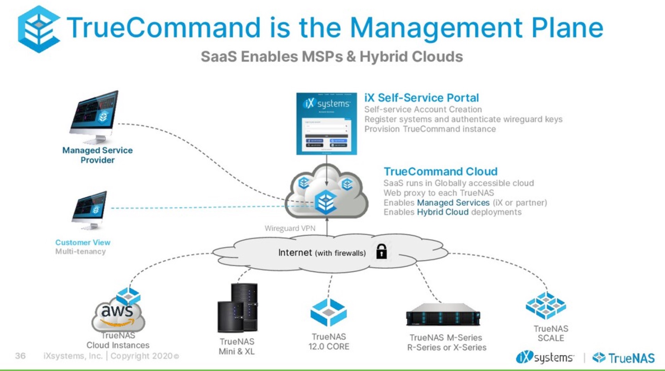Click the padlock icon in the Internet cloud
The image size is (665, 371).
(x=381, y=251)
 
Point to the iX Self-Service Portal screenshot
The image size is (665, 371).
(x=326, y=123)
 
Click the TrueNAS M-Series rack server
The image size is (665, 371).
(x=443, y=314)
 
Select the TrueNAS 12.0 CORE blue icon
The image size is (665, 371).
(x=328, y=312)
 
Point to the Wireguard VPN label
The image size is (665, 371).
(x=290, y=228)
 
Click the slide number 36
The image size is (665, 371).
(x=20, y=356)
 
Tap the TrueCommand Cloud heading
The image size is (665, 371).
(x=440, y=171)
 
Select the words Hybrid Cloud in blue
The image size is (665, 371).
(x=443, y=212)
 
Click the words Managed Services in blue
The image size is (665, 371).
(x=453, y=203)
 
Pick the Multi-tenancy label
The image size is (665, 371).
(x=80, y=251)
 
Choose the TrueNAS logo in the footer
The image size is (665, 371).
(x=623, y=358)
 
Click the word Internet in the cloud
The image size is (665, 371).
(x=295, y=252)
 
